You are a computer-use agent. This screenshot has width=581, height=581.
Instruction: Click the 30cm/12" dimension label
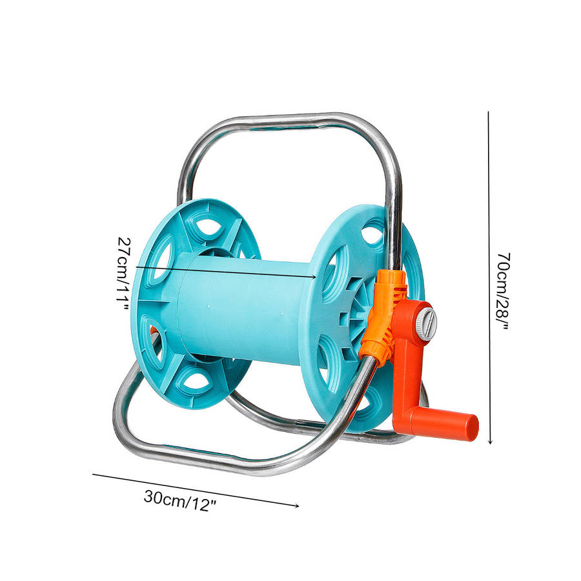[x=180, y=500]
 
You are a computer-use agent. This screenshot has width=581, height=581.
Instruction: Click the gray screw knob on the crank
[x=427, y=321]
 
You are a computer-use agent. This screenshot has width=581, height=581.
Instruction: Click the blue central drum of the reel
[x=245, y=309]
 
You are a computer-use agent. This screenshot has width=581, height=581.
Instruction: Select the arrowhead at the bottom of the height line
[x=490, y=442]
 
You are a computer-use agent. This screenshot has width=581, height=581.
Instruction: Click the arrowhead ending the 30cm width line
[x=296, y=505]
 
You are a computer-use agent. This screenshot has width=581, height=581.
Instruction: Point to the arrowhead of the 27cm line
[x=314, y=276]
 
